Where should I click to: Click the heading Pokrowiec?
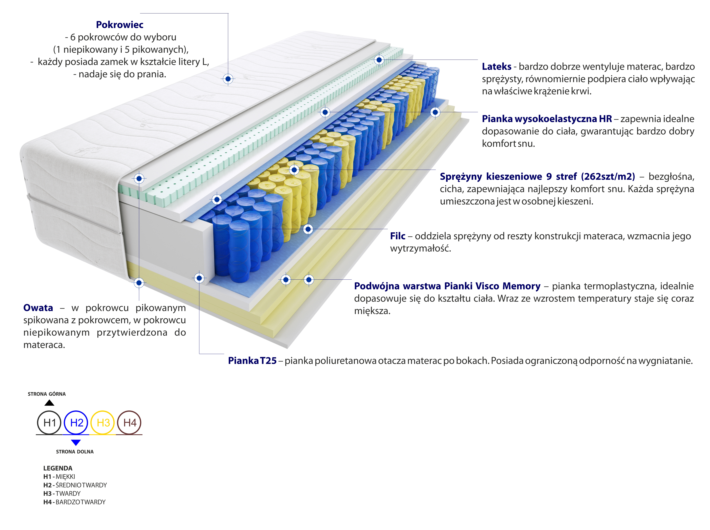(x=120, y=25)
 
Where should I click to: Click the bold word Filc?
(x=397, y=236)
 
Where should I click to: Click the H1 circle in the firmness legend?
(x=49, y=423)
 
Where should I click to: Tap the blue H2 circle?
(x=76, y=423)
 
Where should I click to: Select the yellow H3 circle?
(x=103, y=423)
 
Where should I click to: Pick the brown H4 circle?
(x=130, y=423)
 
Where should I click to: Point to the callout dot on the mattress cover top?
(x=228, y=79)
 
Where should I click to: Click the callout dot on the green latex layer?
(x=379, y=60)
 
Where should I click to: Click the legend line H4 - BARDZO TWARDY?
(x=74, y=502)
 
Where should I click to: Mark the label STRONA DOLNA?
(x=75, y=452)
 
